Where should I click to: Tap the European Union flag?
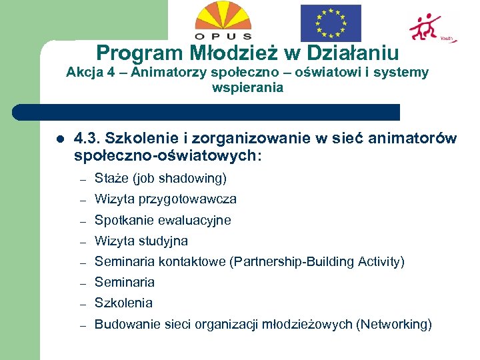(x=330, y=23)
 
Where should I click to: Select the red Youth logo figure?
(x=425, y=27)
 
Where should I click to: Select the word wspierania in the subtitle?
(x=247, y=87)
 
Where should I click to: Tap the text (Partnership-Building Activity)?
(x=317, y=261)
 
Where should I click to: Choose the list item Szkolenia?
(x=123, y=303)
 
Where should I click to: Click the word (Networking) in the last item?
(x=394, y=325)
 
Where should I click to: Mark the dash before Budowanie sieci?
(x=83, y=325)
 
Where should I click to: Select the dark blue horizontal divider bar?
(x=207, y=112)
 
